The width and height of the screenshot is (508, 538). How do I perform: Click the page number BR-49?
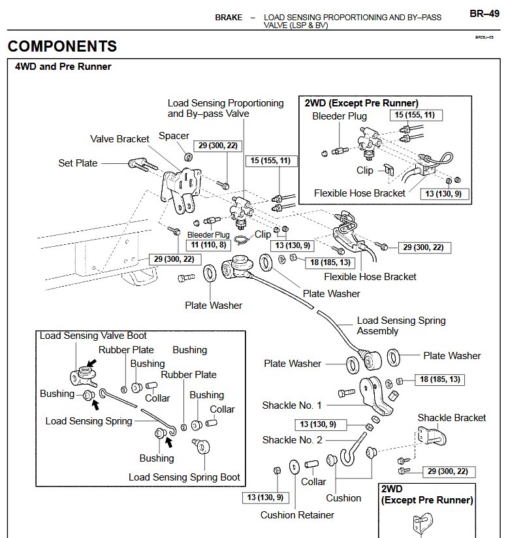coord(484,14)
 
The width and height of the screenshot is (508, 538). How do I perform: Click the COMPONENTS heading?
coord(62,46)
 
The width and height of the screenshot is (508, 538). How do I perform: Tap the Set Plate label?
coord(78,163)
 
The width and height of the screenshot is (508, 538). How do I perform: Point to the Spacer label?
coord(174,136)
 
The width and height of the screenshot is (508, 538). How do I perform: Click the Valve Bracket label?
coord(119,139)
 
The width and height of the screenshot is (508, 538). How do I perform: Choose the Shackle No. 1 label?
coord(292,405)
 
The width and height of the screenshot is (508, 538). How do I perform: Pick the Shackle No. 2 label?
coord(292,440)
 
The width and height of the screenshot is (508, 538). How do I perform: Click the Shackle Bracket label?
coord(452,418)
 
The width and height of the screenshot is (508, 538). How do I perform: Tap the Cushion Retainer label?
coord(297,514)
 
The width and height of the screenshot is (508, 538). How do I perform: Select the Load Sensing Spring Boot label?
coord(184,477)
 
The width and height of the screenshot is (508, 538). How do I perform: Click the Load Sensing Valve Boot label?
coord(93,335)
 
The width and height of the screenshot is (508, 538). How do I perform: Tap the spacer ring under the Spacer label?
coord(189,157)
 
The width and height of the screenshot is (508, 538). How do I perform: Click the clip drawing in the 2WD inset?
coord(389,169)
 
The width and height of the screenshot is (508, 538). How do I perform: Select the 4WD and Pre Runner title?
coord(63,66)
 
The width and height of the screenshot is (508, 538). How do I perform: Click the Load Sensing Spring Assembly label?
coord(402,326)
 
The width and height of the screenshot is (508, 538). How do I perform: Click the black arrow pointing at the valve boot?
coord(92,362)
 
